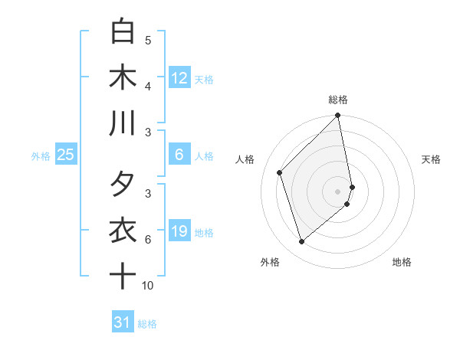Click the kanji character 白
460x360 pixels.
click(123, 32)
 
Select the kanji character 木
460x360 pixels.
click(123, 77)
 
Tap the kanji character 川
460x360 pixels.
click(123, 123)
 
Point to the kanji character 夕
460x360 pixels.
click(123, 185)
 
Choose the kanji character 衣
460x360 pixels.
click(123, 231)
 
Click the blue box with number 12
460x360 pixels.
click(179, 78)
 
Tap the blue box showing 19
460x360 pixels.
click(179, 232)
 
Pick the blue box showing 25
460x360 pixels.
click(66, 155)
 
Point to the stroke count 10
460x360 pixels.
click(148, 286)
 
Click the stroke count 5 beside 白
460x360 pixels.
click(148, 41)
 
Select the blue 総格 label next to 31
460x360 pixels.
click(147, 324)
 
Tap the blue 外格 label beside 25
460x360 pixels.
click(41, 156)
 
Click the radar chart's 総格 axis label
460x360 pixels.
click(338, 100)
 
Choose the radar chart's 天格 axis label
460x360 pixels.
click(431, 159)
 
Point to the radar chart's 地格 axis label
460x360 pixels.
click(402, 262)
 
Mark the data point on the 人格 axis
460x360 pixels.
click(280, 172)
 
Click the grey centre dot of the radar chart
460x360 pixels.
click(338, 191)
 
